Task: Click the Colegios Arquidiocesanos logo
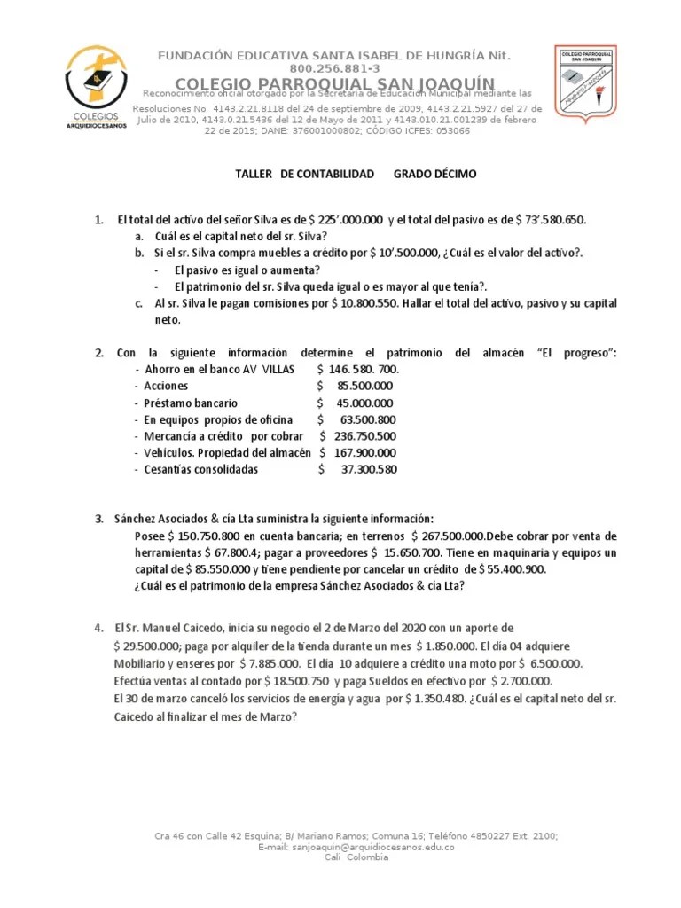[x=97, y=87]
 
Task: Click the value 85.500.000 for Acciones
[x=365, y=386]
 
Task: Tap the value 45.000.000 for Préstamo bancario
[x=365, y=403]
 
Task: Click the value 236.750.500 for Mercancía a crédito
[x=364, y=436]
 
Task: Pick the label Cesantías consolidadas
[x=201, y=470]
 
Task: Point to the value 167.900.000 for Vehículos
[x=364, y=453]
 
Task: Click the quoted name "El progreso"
[x=576, y=353]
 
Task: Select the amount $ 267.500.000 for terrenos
[x=446, y=537]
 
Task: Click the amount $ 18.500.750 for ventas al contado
[x=297, y=681]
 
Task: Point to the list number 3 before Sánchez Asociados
[x=99, y=519]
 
